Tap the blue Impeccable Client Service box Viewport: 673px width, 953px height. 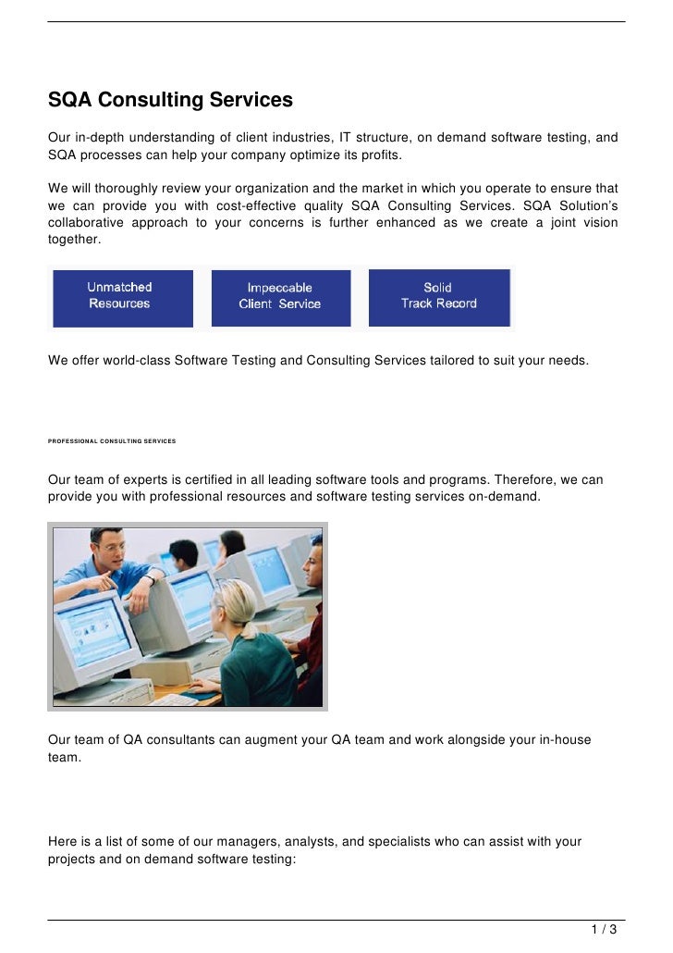pos(281,297)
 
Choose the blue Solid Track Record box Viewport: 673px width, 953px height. pos(439,296)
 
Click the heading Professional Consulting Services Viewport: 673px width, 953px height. pos(111,441)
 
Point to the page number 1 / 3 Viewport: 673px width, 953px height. pos(605,929)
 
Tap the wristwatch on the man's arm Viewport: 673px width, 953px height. pos(148,580)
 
